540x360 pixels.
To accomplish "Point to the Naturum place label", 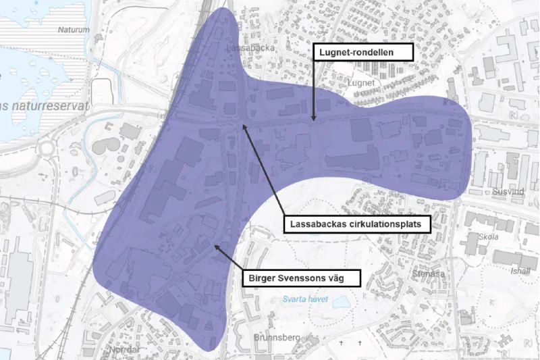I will (x=74, y=30).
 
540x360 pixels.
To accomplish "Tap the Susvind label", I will (x=508, y=192).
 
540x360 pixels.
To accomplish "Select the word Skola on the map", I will (x=487, y=237).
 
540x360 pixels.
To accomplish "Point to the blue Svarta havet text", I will (x=300, y=297).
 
